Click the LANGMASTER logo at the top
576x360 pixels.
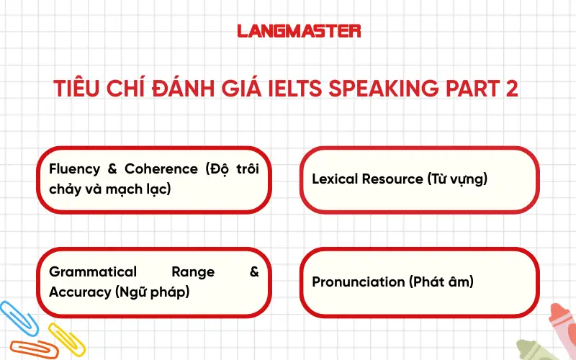point(299,31)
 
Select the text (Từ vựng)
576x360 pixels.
point(458,179)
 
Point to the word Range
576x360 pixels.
point(193,272)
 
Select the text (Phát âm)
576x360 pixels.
point(441,282)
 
